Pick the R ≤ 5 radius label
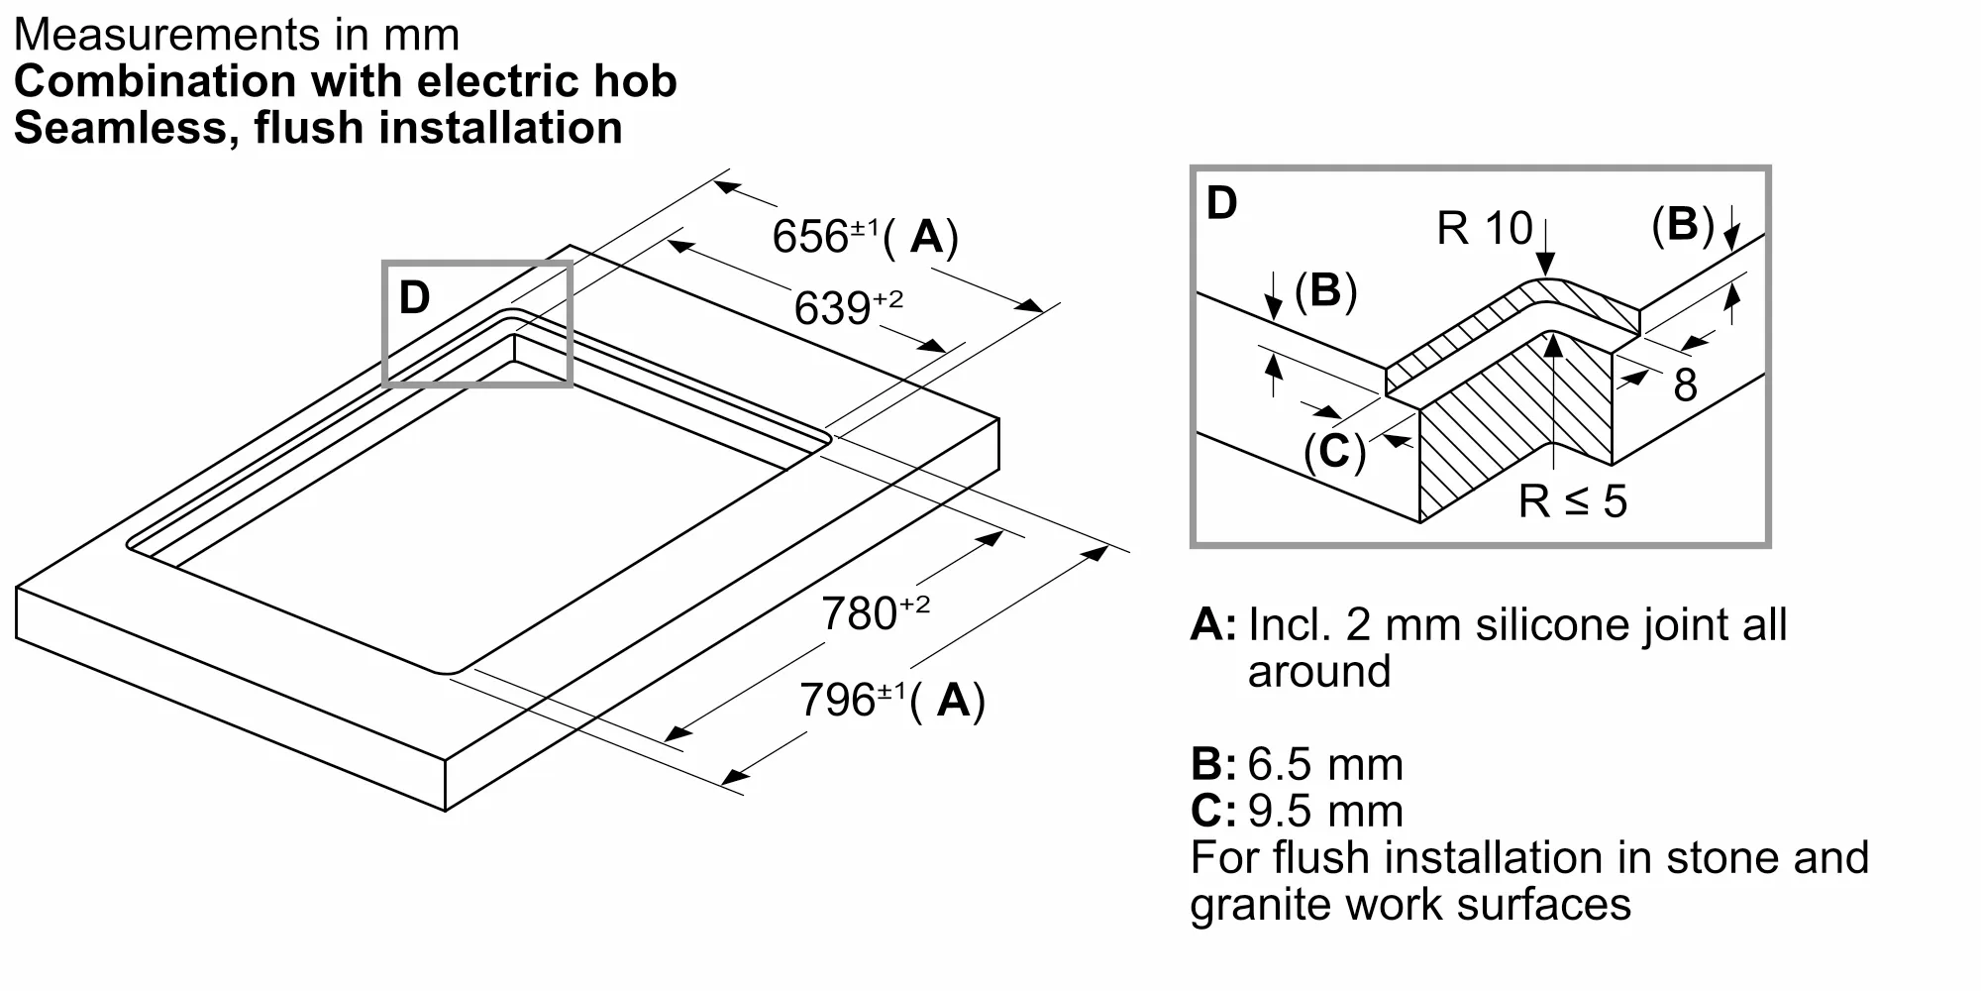pos(1573,500)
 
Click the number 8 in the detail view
pos(1685,385)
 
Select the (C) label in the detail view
pos(1334,452)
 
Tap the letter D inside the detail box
pos(1222,203)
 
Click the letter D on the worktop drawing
pos(414,297)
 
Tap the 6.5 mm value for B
pos(1325,764)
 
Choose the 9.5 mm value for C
pos(1325,811)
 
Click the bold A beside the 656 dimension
pos(927,237)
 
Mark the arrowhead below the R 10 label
pos(1544,266)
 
